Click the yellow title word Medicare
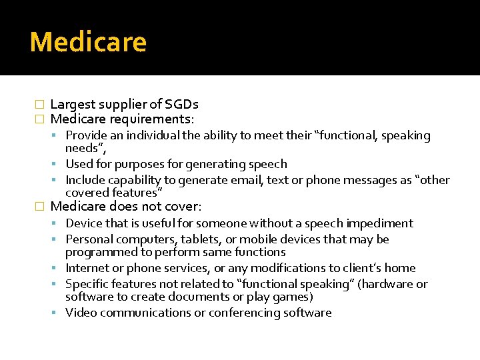point(88,42)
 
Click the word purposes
point(141,164)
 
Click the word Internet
point(88,268)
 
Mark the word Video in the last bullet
point(81,313)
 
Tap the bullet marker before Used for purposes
point(59,164)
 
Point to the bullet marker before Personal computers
point(59,239)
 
